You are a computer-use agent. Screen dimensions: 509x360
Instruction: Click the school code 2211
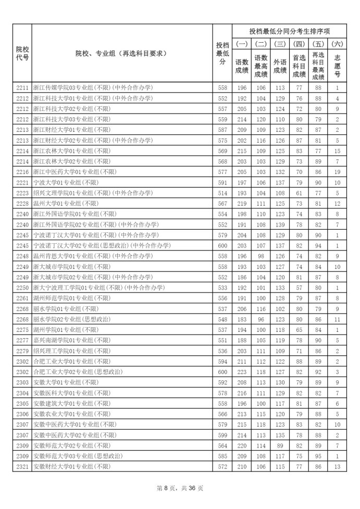click(x=22, y=88)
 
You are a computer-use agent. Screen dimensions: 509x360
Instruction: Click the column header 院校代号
click(x=22, y=53)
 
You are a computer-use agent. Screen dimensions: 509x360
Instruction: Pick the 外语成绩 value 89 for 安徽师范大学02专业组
click(x=280, y=445)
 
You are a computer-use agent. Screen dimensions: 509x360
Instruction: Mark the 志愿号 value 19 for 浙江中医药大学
click(x=338, y=172)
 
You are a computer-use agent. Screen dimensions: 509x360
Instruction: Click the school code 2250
click(x=22, y=288)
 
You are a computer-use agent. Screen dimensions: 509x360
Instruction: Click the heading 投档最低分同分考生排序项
click(x=290, y=31)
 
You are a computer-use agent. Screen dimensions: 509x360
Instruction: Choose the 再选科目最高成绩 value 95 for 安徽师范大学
click(x=318, y=455)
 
